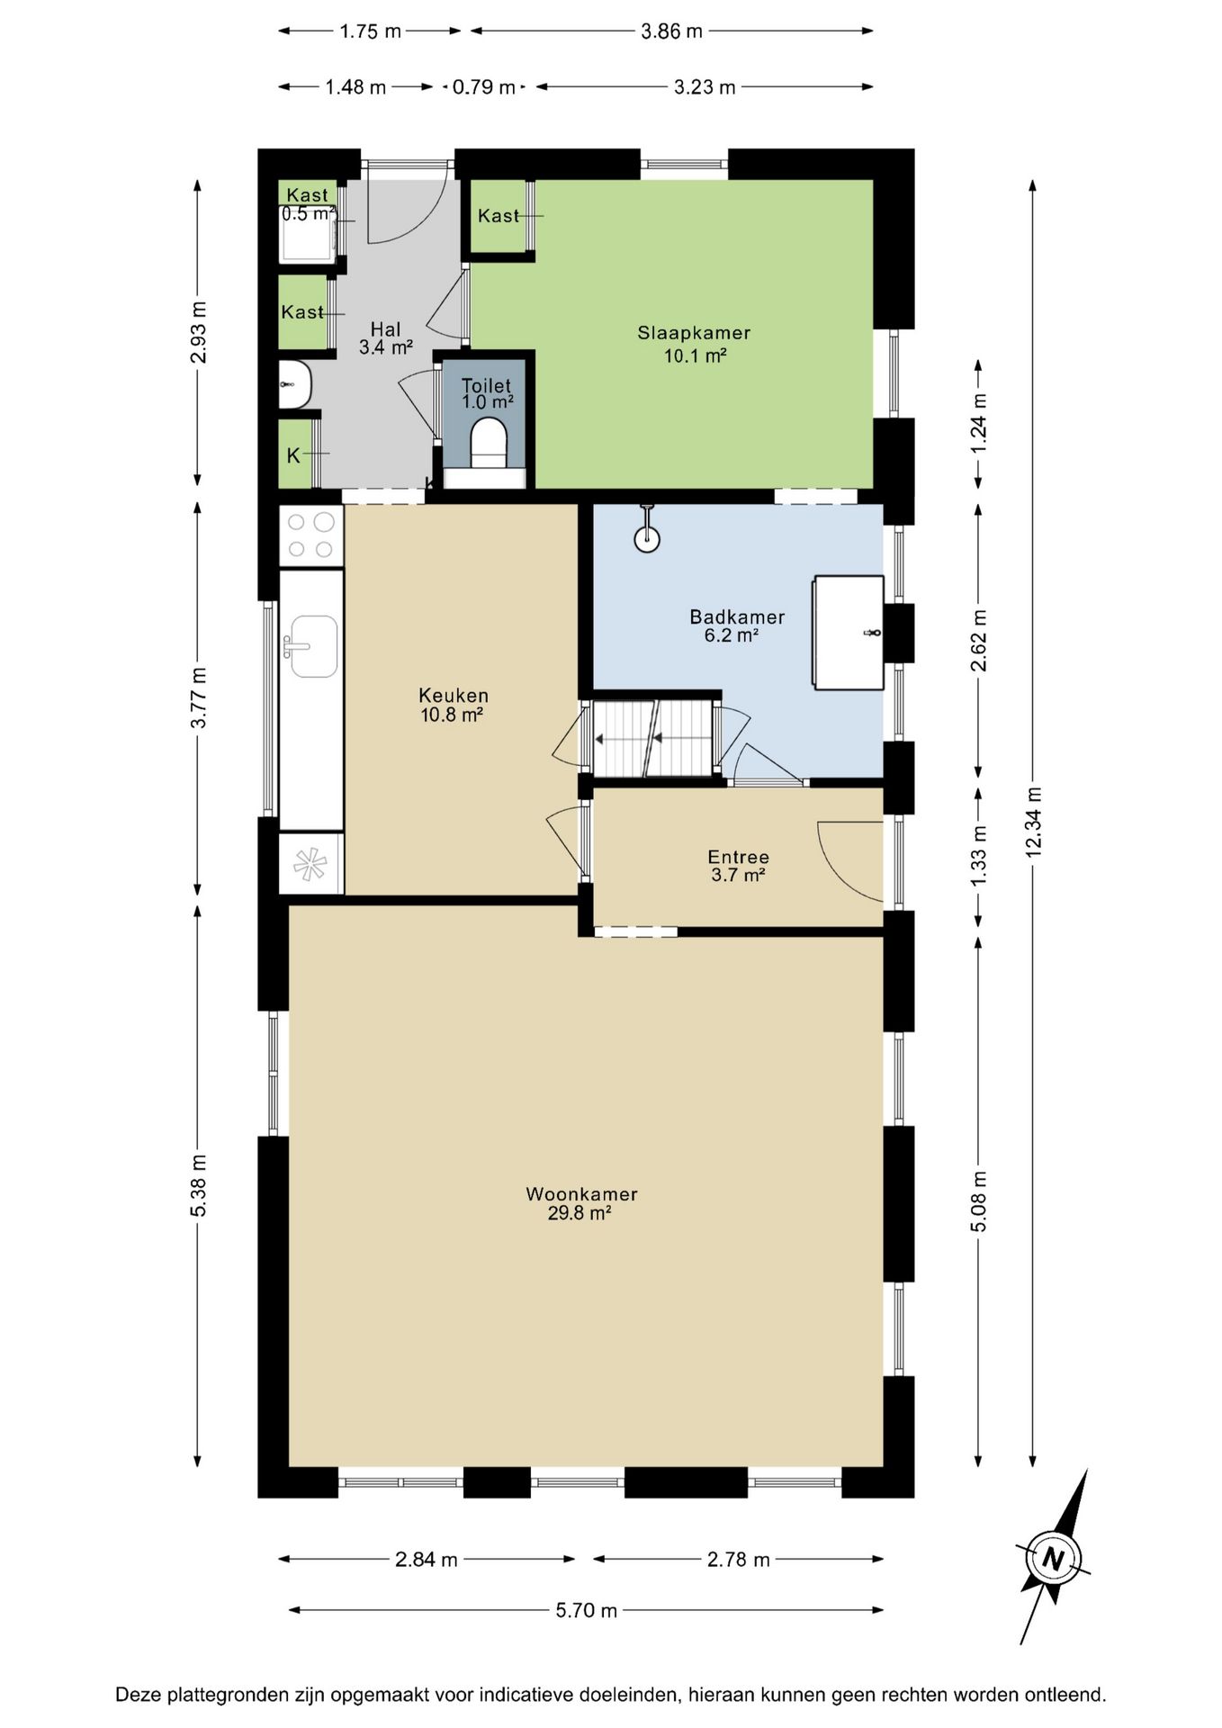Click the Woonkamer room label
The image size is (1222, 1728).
coord(581,1194)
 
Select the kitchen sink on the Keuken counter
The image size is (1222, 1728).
coord(310,645)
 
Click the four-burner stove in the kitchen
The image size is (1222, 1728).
coord(310,535)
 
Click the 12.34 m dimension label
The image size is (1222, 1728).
coord(1033,821)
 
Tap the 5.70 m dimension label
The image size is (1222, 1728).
coord(586,1610)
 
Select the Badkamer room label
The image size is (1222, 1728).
coord(737,617)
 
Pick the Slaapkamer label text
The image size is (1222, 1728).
coord(694,333)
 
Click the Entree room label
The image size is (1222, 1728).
coord(738,857)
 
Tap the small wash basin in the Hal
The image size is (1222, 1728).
coord(295,384)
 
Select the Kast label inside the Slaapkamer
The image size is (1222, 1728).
coord(499,216)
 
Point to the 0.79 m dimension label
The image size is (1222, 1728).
coord(483,87)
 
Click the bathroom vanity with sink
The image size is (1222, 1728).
coord(849,633)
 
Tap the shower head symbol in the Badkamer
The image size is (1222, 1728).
coord(647,532)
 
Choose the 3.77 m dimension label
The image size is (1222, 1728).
coord(199,697)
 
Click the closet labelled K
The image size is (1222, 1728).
coord(294,454)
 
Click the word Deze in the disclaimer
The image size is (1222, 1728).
coord(139,1695)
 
